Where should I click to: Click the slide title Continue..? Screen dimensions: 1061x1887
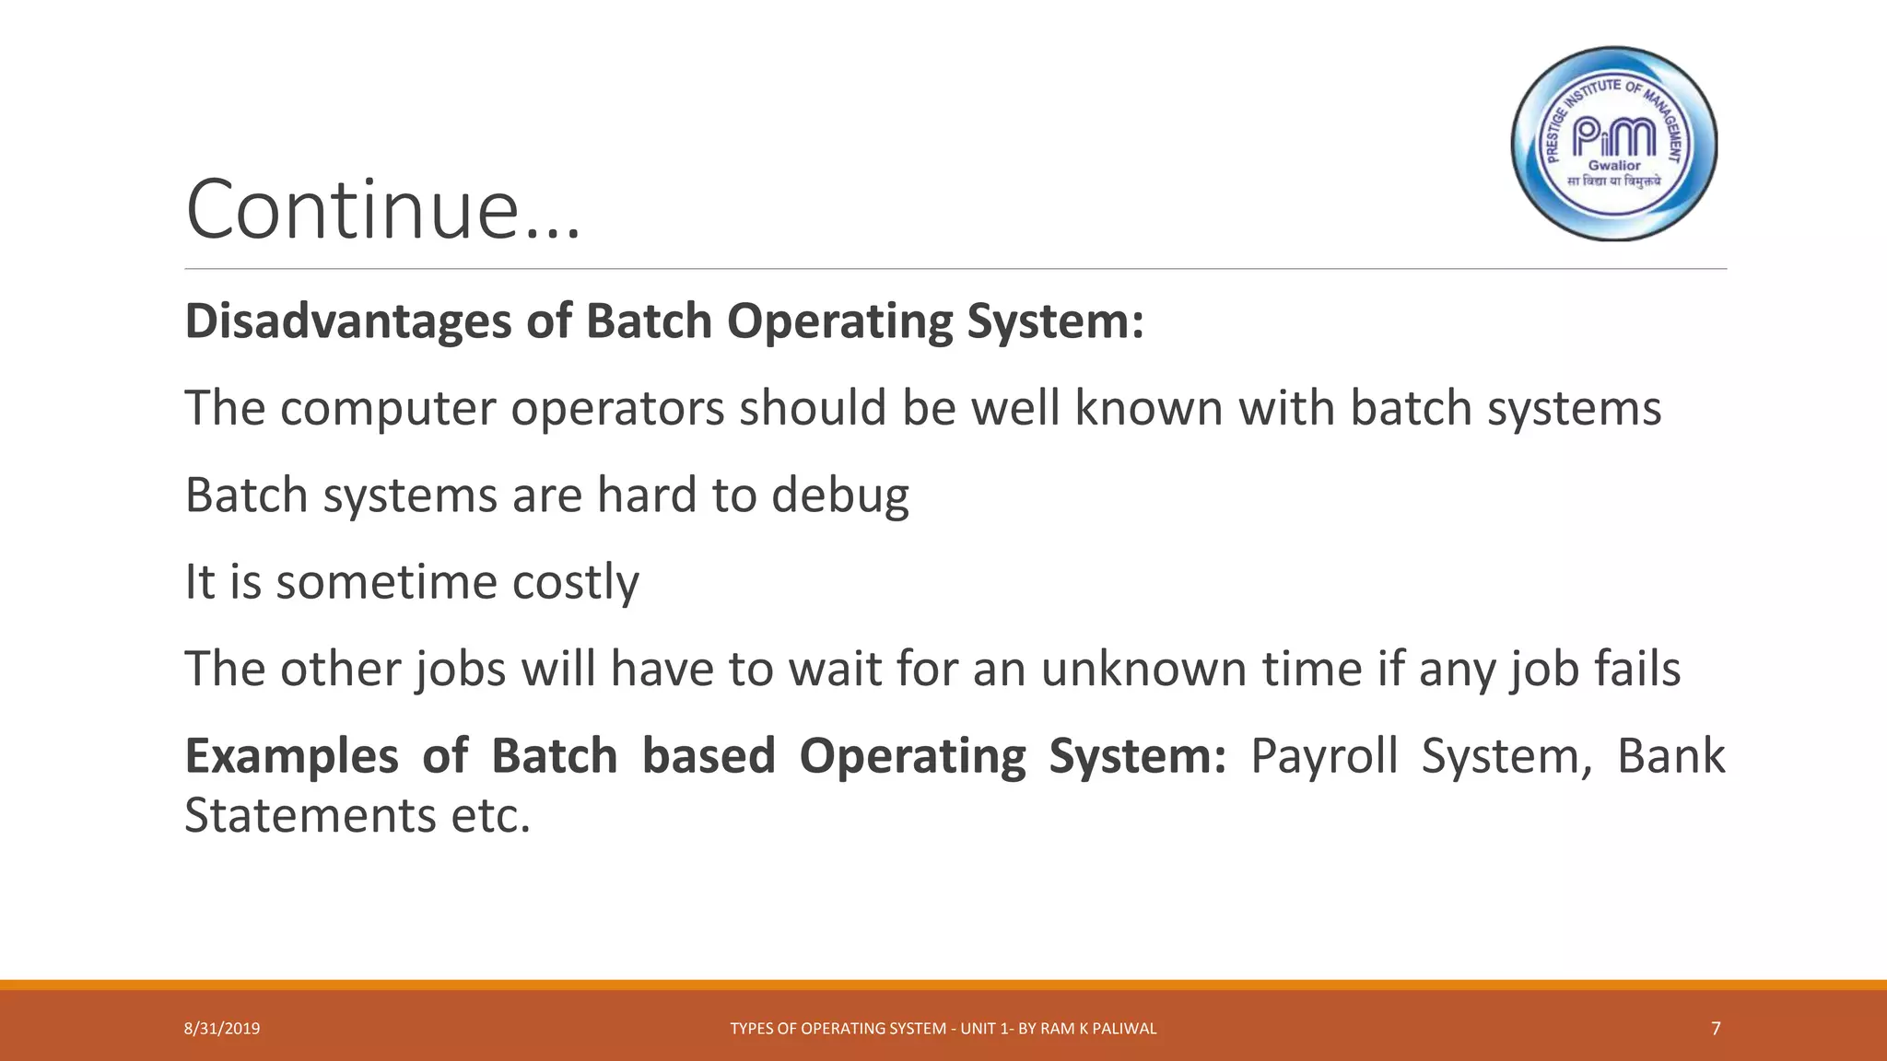(382, 210)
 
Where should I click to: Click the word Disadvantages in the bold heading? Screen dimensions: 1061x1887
(348, 321)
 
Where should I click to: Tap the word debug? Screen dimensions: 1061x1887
(839, 496)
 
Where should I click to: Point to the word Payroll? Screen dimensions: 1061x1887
(1323, 757)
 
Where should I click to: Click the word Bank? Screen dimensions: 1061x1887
(1670, 757)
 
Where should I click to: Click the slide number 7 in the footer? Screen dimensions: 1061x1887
(1715, 1028)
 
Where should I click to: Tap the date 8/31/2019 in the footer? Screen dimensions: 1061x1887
(222, 1029)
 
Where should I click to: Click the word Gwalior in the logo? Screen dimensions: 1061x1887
(1614, 166)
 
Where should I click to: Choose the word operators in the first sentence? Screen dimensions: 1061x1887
(617, 409)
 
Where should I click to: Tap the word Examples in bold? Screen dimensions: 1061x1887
(291, 757)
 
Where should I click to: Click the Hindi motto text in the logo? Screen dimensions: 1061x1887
(1614, 181)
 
